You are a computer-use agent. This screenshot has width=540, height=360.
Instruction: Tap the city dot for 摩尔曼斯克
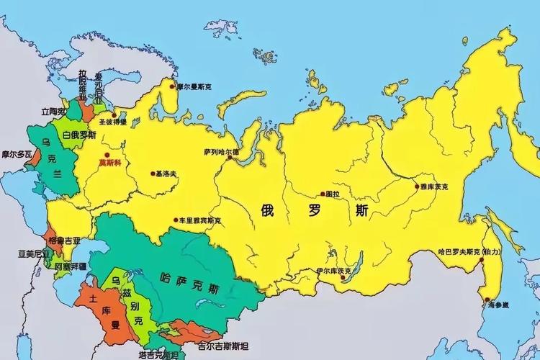[172, 86]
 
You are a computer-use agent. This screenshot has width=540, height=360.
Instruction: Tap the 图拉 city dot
[322, 194]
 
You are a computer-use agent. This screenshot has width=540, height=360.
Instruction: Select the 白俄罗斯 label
[78, 135]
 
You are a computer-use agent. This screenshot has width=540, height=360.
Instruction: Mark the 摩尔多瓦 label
[16, 154]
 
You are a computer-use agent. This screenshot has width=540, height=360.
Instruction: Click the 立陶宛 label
[52, 112]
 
